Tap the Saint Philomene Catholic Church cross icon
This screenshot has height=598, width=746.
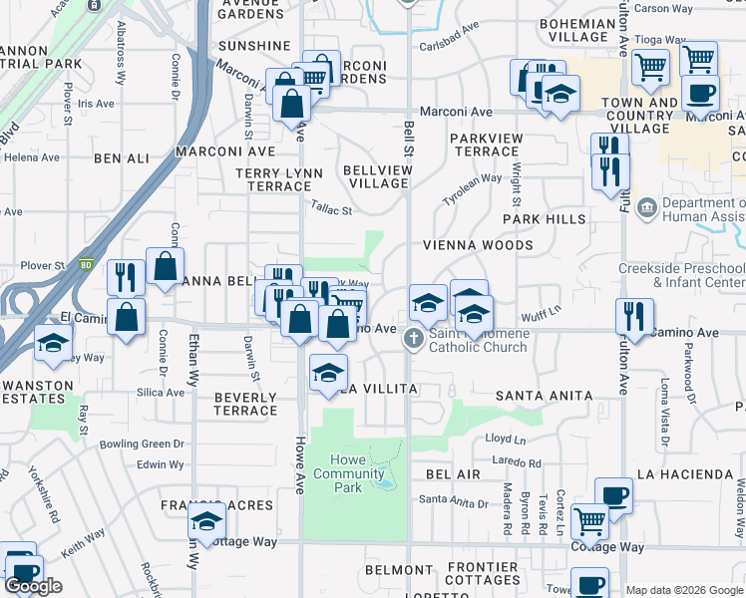(411, 340)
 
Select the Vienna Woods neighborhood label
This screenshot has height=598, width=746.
(477, 245)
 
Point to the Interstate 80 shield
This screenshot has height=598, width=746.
(86, 265)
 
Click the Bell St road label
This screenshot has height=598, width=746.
(409, 139)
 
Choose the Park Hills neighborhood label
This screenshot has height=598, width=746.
(544, 218)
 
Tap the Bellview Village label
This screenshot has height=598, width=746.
(377, 177)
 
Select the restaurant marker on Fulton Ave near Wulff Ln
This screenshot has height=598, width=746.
(634, 317)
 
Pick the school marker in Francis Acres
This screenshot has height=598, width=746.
(206, 520)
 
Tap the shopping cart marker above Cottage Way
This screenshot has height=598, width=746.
(589, 519)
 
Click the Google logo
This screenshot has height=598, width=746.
(34, 586)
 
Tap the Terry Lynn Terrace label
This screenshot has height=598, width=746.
(279, 179)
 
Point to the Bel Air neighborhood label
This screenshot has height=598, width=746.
(453, 474)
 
